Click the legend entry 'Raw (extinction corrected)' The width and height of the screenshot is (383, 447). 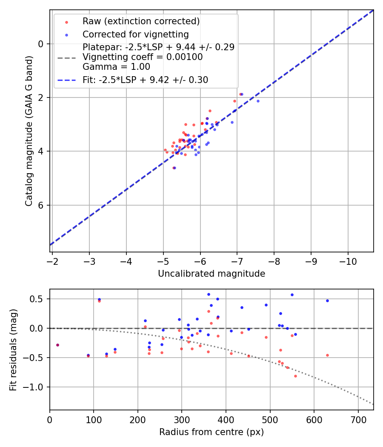(141, 21)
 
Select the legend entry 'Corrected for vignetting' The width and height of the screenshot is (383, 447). (135, 34)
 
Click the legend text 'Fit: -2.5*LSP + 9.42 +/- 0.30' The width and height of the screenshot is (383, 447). (145, 80)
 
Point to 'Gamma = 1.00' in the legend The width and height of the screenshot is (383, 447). (116, 66)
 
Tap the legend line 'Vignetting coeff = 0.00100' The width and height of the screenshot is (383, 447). (143, 57)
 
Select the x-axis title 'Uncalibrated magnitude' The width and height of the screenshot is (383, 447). (212, 274)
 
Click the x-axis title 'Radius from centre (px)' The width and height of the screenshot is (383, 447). (212, 432)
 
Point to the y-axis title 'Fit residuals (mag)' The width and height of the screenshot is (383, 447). (14, 349)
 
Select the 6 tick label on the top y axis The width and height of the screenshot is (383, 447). (41, 205)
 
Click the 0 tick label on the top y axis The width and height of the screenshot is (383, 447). (41, 44)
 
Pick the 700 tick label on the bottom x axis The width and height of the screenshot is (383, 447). (358, 419)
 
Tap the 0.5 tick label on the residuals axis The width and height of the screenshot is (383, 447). (38, 299)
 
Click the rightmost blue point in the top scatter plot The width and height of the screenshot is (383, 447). (258, 101)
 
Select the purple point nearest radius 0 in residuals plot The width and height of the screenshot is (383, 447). (57, 345)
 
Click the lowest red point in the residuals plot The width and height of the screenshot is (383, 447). (295, 376)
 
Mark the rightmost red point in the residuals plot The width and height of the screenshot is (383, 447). (327, 355)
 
